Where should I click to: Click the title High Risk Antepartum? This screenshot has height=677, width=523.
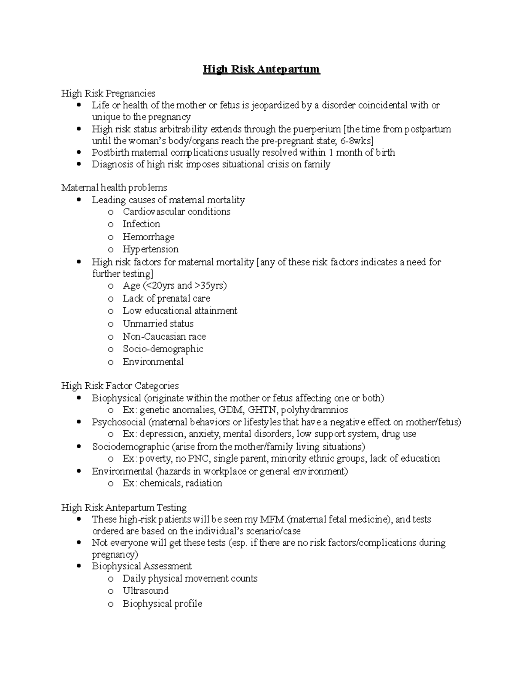(261, 69)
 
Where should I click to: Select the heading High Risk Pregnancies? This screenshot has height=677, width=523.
(108, 93)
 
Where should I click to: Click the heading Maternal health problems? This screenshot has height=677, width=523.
(114, 187)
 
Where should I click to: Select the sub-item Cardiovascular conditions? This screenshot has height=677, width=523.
(176, 212)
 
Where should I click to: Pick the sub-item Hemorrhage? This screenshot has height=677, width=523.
(148, 237)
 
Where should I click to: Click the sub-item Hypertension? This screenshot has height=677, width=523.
(150, 249)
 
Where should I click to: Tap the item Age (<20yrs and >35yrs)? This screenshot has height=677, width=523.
(174, 286)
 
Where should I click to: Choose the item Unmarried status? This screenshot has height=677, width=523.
(158, 323)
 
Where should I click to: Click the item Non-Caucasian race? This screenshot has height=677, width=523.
(164, 337)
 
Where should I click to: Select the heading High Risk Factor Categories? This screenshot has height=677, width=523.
(120, 386)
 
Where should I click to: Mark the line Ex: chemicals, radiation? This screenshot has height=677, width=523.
(172, 483)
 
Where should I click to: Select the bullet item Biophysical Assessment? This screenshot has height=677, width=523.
(142, 566)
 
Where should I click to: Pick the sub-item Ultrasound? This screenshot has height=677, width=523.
(146, 591)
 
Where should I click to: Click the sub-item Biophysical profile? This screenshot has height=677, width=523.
(162, 604)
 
